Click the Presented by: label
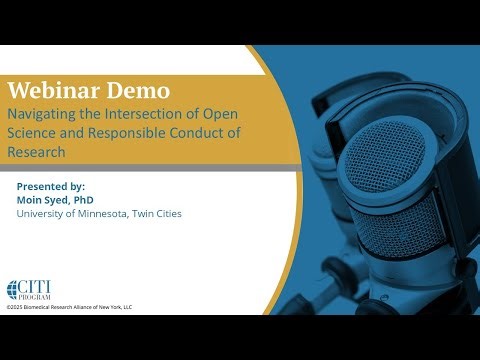[x=51, y=186]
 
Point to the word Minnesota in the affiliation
[x=100, y=214]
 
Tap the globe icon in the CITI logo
[x=12, y=289]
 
